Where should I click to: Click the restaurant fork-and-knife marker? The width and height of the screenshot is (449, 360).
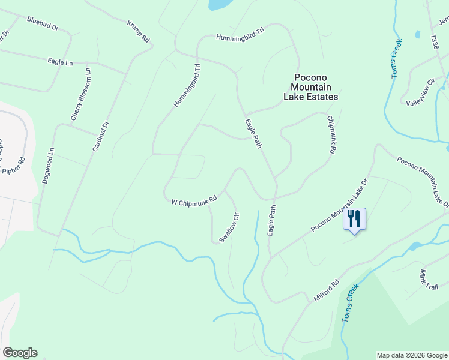coord(354,219)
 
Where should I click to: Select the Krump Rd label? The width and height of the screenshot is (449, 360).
coord(138,31)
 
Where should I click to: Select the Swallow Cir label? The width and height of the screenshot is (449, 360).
coord(229,227)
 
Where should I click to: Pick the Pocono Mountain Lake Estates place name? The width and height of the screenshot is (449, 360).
coord(310,87)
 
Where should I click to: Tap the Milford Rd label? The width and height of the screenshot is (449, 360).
coord(326,290)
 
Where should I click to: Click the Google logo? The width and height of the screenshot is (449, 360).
coord(20,353)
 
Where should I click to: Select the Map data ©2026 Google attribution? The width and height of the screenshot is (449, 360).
coord(411,355)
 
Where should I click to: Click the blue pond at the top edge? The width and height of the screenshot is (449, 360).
coord(219,4)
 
